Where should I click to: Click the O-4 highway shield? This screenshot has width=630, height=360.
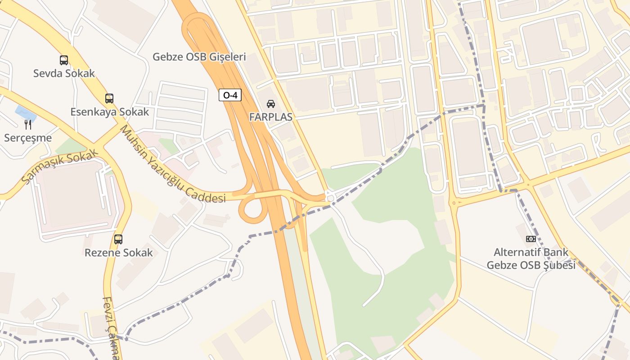tap(230, 95)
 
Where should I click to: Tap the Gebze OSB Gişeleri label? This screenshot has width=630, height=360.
tap(199, 57)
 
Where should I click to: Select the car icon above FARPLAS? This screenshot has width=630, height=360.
tap(271, 104)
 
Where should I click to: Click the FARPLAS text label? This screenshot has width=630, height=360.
tap(271, 117)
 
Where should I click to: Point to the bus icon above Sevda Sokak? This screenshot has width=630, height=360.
tap(64, 60)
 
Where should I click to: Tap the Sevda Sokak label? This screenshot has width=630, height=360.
tap(64, 73)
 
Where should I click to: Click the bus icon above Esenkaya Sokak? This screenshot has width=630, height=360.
tap(109, 98)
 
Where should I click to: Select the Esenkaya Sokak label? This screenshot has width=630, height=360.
tap(109, 112)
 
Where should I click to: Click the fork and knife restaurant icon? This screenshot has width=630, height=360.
tap(28, 125)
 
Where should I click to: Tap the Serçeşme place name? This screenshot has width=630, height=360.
tap(28, 138)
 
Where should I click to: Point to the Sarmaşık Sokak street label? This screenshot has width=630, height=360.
tap(59, 167)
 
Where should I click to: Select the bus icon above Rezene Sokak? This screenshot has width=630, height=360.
tap(118, 239)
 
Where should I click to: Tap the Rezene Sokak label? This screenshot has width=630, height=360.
tap(119, 253)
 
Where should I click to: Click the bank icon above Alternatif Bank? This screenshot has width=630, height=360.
tap(531, 239)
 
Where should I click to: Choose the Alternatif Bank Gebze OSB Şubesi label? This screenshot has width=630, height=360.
tap(531, 259)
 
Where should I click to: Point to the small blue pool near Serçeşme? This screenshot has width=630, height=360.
tap(23, 111)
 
